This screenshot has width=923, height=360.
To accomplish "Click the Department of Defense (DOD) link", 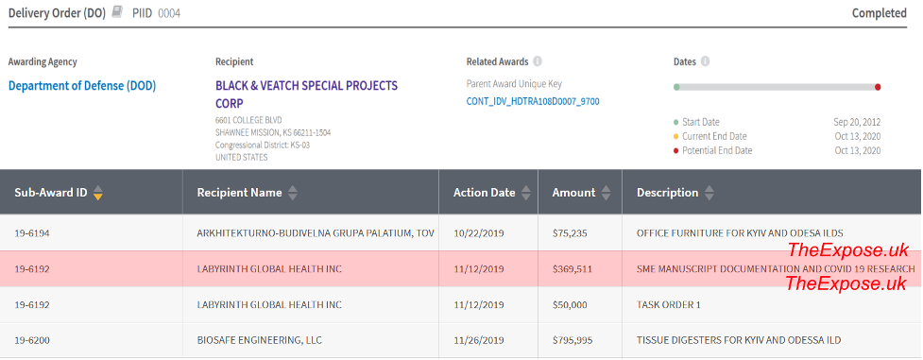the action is point(82,86).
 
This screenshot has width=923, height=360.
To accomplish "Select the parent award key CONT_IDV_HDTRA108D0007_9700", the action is point(533,101).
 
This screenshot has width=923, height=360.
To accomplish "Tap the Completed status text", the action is point(879,13).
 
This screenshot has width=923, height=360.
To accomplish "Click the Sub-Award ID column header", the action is point(51,193).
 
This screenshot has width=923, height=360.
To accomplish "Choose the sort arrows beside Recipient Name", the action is point(293,193).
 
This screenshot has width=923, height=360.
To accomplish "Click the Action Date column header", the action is point(484,193).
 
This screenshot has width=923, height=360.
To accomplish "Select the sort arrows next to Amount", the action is point(606,193).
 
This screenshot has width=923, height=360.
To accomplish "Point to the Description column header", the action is point(668,193).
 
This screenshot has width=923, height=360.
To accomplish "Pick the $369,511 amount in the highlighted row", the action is point(573,269).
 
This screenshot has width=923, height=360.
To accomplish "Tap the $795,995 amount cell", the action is point(573,340).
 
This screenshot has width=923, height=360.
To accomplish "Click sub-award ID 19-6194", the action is point(32,232).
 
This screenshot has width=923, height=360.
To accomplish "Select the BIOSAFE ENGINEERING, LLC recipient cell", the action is point(260,340).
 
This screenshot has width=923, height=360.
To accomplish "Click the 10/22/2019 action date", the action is point(479,232).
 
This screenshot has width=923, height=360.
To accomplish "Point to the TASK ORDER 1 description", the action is point(669,304).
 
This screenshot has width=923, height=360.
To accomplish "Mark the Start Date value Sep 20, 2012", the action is point(857,123).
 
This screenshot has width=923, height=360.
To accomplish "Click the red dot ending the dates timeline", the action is point(878,87).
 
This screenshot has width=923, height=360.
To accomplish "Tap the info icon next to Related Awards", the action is point(538,61).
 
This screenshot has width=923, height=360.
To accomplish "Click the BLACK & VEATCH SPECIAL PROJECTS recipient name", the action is point(306,86).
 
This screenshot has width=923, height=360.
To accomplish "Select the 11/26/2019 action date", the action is point(479,340).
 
